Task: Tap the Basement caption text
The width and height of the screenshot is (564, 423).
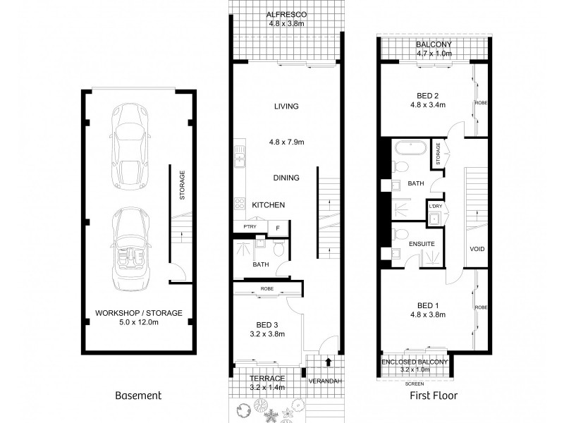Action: click(x=137, y=396)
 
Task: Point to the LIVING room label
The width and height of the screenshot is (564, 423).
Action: click(x=286, y=106)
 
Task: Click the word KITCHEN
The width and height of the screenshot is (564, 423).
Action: click(x=269, y=205)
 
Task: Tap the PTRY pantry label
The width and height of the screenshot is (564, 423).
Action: click(x=249, y=227)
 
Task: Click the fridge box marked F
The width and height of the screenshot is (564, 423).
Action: click(x=278, y=227)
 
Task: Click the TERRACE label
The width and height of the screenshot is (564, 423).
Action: click(x=266, y=379)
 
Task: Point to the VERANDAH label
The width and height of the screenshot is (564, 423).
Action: click(x=325, y=381)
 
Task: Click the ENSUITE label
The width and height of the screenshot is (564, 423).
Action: click(x=421, y=244)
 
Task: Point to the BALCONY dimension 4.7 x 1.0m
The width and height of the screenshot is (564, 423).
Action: click(x=432, y=52)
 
